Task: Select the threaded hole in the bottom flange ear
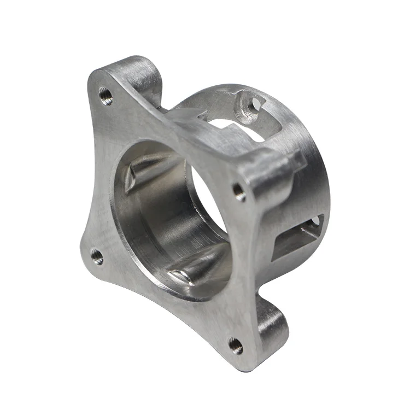236,344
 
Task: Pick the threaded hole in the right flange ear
239,191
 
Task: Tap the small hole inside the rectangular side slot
315,220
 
